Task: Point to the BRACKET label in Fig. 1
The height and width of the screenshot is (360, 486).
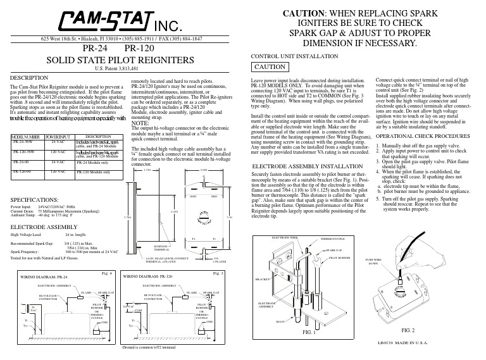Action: [262, 278]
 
